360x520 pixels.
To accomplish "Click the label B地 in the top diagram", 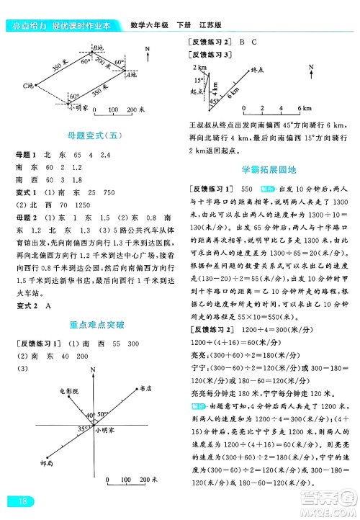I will [x=99, y=48].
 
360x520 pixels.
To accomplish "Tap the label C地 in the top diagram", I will [x=28, y=85].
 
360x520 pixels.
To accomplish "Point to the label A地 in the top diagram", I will [x=131, y=74].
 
